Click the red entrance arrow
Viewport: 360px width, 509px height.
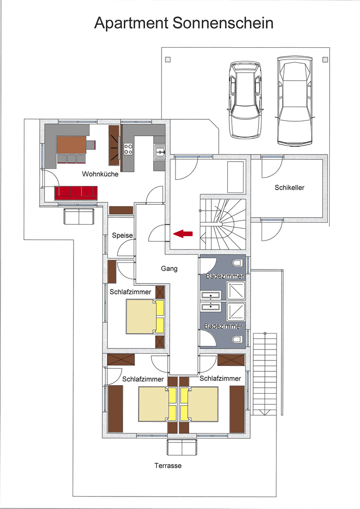tap(183, 234)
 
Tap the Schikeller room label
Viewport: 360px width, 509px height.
tap(289, 187)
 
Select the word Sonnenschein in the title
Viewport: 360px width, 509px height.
tap(223, 23)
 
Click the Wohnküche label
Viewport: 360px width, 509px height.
tap(100, 174)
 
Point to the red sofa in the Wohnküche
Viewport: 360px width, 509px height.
tap(76, 193)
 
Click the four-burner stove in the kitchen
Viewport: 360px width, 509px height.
tap(128, 149)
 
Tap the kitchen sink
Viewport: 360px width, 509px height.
tap(160, 152)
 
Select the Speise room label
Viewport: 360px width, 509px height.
tap(122, 235)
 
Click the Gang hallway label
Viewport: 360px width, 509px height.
tap(169, 268)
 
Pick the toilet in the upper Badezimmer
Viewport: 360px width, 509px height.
tap(238, 262)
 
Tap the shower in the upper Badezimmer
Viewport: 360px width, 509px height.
tap(236, 290)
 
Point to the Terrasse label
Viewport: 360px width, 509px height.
tap(168, 465)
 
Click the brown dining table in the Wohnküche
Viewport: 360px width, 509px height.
tap(72, 145)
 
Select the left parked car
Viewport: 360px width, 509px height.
tap(245, 100)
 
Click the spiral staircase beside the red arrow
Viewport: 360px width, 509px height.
tap(223, 224)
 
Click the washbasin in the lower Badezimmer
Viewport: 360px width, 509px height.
tap(211, 307)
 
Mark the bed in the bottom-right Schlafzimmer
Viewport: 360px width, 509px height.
tap(199, 404)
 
